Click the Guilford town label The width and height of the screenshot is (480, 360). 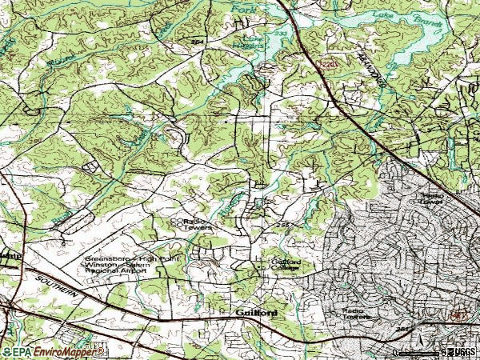pos(257,312)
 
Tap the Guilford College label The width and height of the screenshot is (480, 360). pos(278,265)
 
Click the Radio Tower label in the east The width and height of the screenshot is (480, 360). pos(432,198)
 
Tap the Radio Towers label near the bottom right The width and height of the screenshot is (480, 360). pos(357,313)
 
